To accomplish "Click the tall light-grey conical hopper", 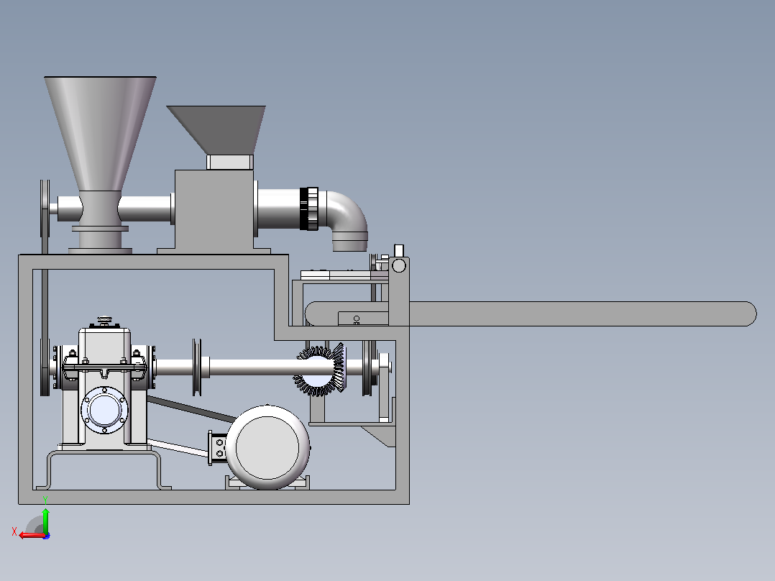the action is [101, 134].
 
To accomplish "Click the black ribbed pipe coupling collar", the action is [309, 209].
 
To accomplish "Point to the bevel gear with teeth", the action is [321, 369].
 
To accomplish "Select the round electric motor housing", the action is [267, 447].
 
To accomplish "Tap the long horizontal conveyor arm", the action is [531, 314].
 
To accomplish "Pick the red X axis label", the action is [14, 531].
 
